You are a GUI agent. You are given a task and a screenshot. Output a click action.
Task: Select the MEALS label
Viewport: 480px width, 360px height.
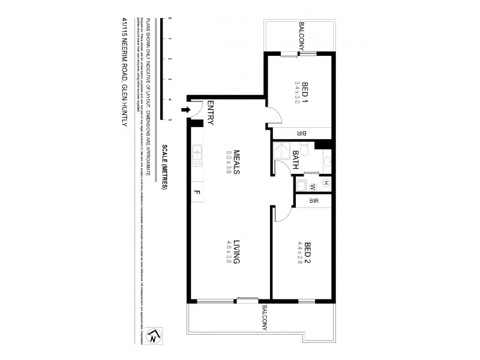[236, 162]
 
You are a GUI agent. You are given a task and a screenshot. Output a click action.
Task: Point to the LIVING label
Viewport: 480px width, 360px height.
[236, 252]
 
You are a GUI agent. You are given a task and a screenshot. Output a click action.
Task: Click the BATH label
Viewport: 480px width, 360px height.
[296, 161]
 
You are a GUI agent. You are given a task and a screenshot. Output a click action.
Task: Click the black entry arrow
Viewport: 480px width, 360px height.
[185, 110]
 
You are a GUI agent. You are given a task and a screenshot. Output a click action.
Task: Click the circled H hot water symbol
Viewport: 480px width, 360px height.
[326, 183]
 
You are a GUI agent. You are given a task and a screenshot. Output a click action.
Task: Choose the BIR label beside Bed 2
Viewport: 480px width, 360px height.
[313, 202]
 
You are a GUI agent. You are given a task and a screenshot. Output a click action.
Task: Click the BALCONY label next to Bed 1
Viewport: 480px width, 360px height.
[304, 37]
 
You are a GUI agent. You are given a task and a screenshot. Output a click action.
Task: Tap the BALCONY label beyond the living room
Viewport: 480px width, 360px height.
[263, 319]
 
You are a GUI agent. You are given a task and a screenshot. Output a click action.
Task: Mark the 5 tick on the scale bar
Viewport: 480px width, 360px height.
[170, 120]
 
